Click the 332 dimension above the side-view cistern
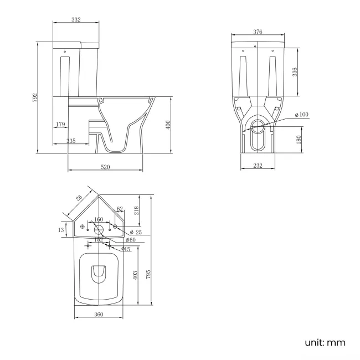(76, 20)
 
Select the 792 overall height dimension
(34, 97)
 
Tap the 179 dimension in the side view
(60, 125)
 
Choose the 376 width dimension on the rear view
(258, 32)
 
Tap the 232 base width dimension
(258, 166)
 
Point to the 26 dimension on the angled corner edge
(79, 198)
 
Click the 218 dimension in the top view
(137, 210)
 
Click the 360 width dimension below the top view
(98, 315)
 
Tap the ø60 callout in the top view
(131, 240)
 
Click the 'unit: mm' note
(325, 342)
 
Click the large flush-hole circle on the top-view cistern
(99, 229)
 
